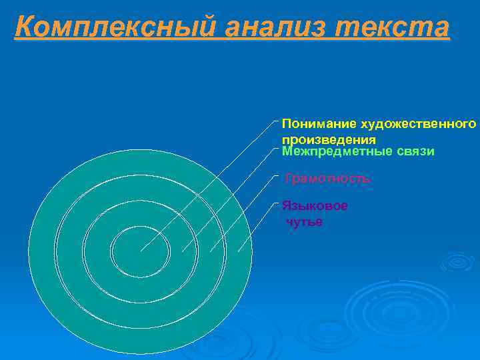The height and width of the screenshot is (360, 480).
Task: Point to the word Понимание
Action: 319,124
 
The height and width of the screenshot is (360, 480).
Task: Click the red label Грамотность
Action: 327,179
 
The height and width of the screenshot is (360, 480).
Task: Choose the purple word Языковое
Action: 315,206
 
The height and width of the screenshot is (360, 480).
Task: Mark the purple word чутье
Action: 304,222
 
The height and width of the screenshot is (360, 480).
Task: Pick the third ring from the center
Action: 70,252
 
